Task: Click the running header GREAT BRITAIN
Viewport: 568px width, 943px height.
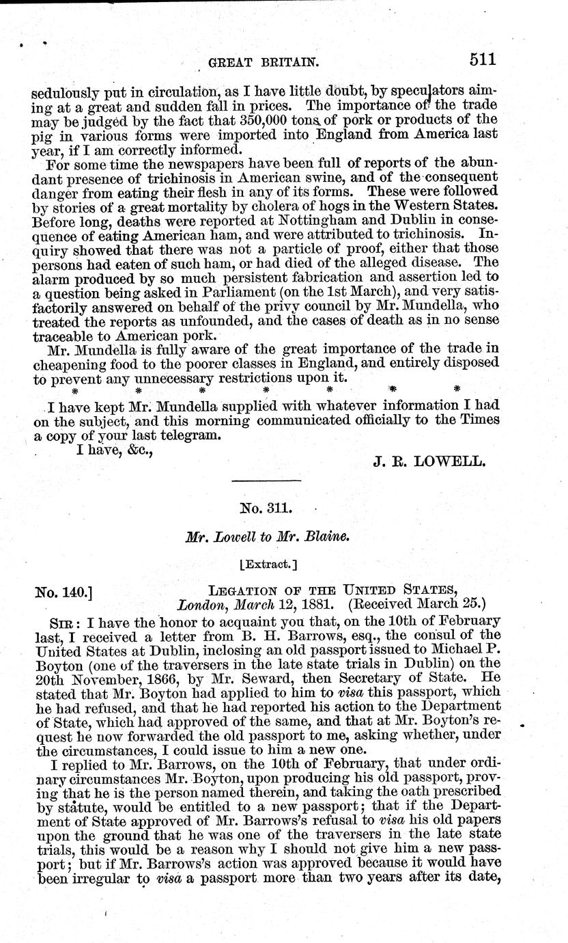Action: pos(264,62)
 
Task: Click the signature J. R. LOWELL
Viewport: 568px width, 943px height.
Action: pos(430,461)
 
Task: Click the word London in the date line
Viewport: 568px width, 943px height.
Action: pos(199,604)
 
